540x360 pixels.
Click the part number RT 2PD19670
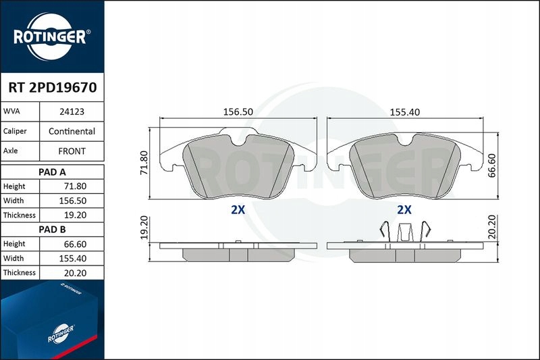coord(52,87)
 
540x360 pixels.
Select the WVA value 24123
coord(72,111)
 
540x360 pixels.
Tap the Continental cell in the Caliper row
coord(72,131)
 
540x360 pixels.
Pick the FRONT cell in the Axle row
coord(72,151)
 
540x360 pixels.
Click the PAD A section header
coord(52,172)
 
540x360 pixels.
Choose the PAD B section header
coord(52,229)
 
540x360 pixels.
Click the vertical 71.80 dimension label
coord(143,163)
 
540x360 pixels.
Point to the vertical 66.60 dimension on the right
coord(492,164)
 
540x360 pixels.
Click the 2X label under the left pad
coord(238,209)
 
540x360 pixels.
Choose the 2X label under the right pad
coord(404,209)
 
